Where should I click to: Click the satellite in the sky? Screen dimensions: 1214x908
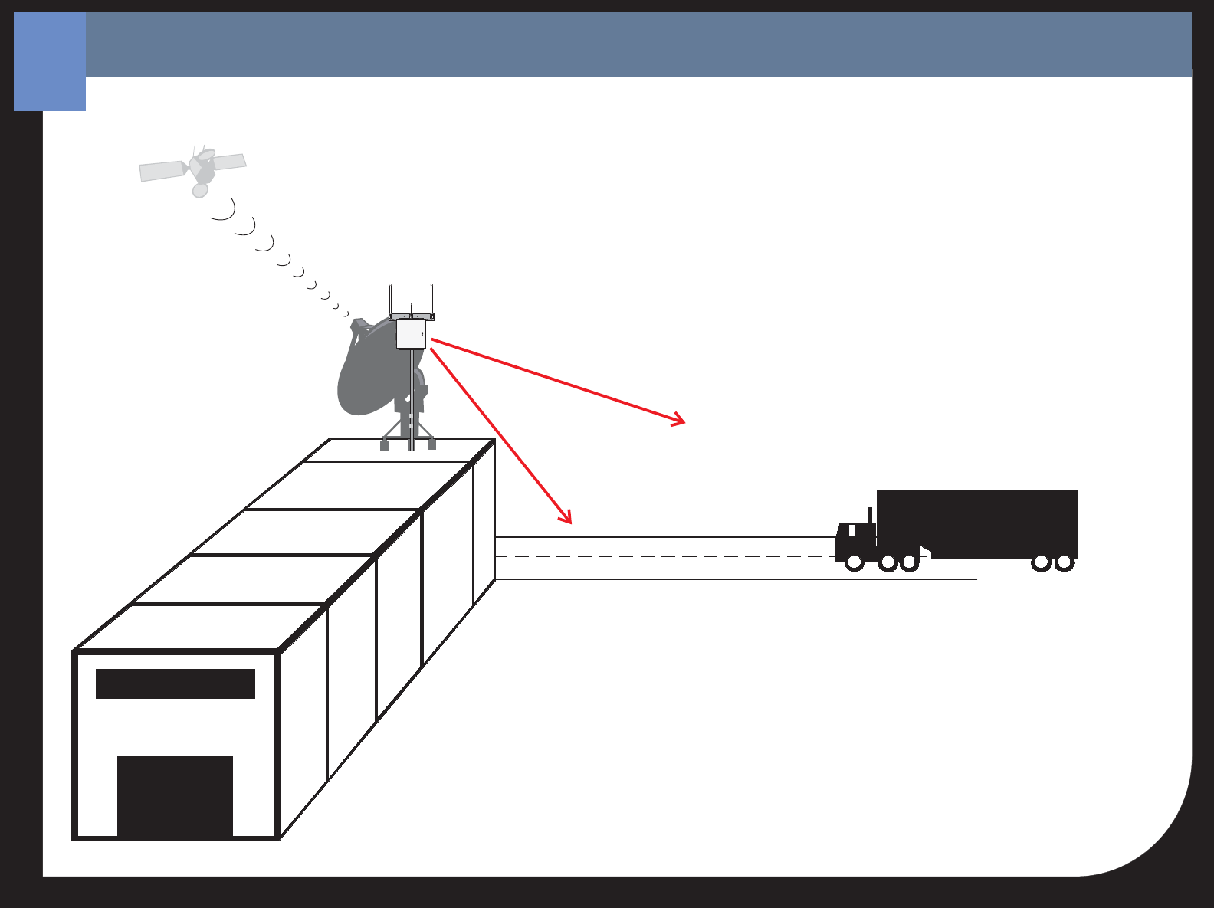201,168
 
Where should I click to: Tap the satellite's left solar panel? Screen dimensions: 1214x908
162,171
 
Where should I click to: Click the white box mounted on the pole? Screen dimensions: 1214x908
411,334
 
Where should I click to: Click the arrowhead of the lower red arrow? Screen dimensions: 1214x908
568,520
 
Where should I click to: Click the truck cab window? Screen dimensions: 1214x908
852,529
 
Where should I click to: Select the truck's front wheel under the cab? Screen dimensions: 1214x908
854,563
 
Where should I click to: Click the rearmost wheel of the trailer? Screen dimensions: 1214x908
1065,563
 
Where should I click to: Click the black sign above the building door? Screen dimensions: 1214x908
175,683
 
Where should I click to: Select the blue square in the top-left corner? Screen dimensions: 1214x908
49,61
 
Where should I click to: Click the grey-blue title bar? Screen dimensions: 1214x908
636,44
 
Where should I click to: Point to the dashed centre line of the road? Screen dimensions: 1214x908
659,556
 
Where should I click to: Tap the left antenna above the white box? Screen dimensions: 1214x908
390,299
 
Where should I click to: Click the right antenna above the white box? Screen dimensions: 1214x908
431,299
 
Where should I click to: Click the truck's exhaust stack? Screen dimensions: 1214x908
871,515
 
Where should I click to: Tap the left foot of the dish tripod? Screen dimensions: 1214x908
384,445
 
